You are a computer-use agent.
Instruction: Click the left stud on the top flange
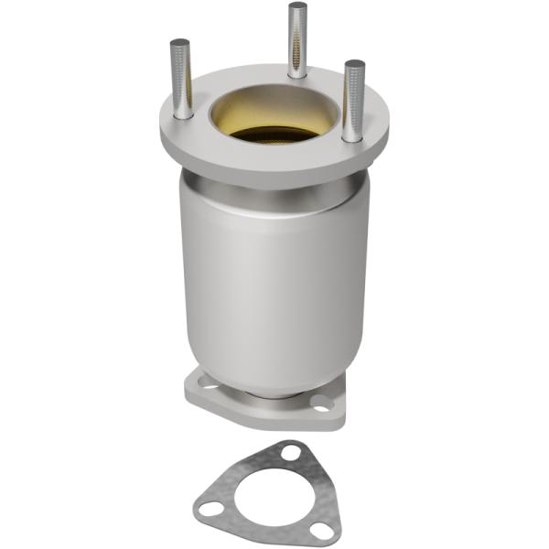(181, 81)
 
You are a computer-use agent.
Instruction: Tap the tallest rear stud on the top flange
(297, 41)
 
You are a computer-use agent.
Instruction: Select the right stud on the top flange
(353, 101)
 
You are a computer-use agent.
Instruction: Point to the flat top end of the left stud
(180, 43)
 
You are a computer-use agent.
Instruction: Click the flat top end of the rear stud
(297, 6)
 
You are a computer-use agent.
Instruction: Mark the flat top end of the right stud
(354, 65)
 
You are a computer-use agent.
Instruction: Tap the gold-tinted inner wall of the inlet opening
(274, 105)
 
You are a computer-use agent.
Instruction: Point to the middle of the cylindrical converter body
(274, 284)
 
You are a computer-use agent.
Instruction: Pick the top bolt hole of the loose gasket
(291, 452)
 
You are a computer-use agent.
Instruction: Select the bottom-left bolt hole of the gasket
(211, 508)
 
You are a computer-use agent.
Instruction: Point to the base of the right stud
(352, 135)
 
